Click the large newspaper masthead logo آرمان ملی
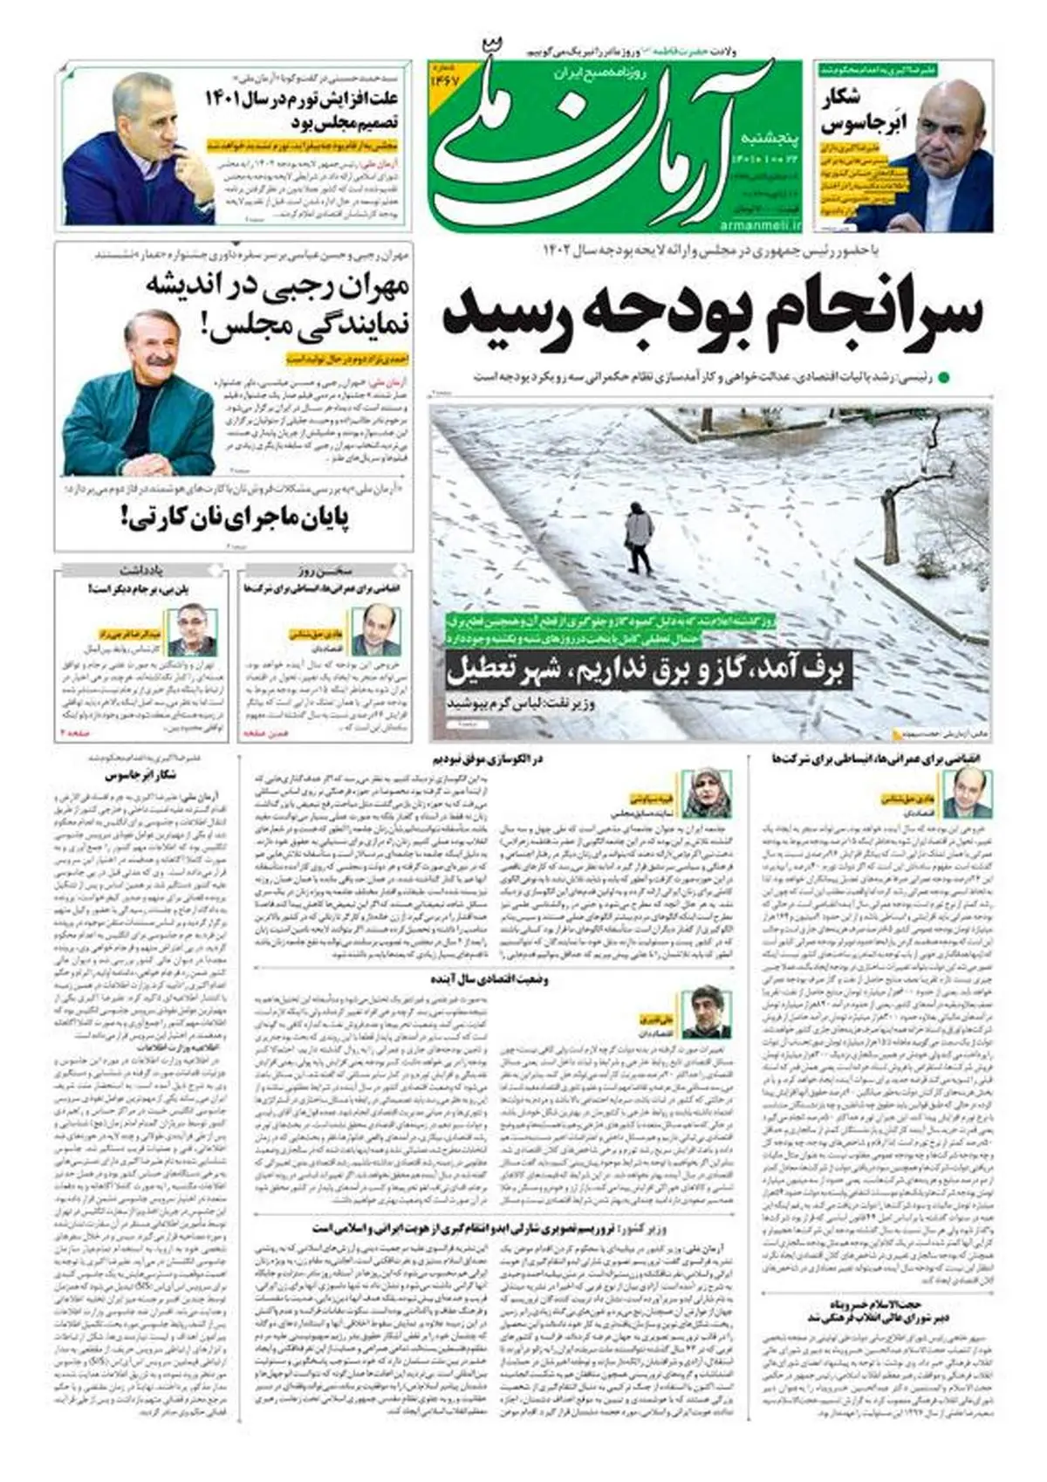click(x=593, y=144)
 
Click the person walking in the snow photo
click(x=640, y=538)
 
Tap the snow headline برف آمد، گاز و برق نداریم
click(x=647, y=670)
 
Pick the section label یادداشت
click(x=144, y=572)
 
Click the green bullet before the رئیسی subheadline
click(x=943, y=378)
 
